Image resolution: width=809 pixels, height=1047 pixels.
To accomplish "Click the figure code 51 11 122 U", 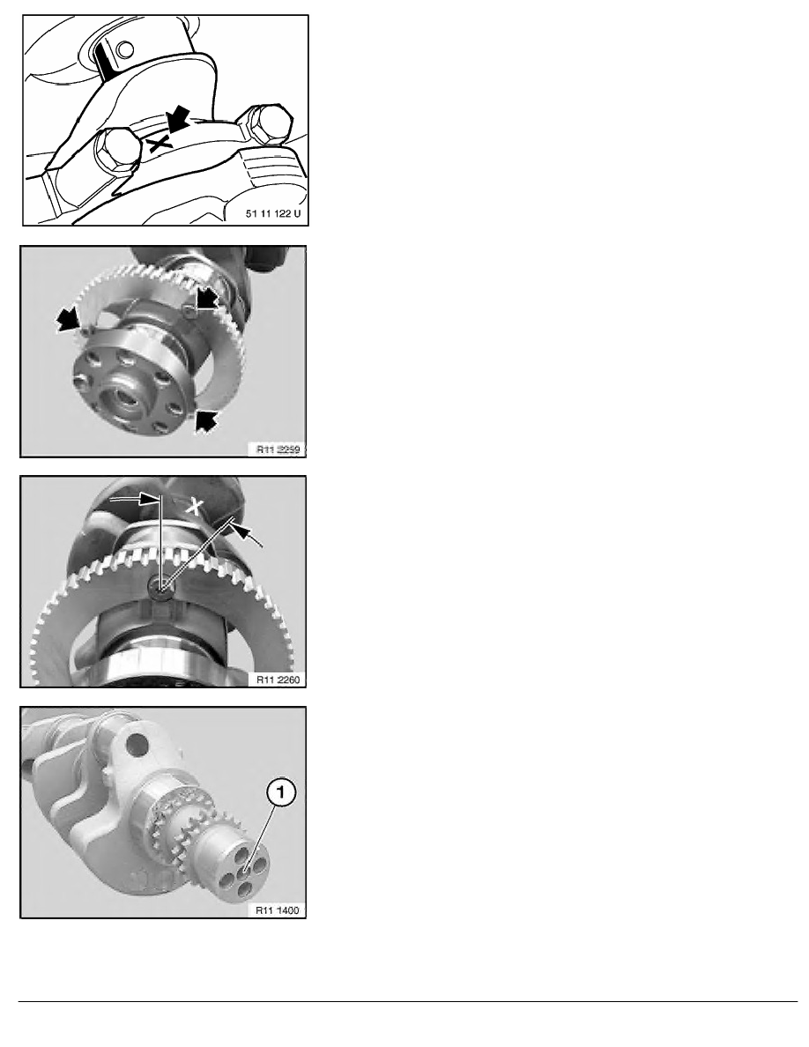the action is [273, 213].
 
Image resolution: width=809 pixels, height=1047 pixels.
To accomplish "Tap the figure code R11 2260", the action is [278, 679].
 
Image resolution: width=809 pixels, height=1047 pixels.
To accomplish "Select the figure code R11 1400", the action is [278, 910].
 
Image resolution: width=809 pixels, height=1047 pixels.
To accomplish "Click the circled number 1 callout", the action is [281, 792].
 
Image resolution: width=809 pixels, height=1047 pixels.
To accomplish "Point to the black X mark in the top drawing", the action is [161, 142].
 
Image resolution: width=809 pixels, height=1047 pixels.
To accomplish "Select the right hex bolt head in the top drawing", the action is [268, 123].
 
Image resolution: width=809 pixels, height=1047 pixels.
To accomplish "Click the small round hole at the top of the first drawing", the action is [124, 48].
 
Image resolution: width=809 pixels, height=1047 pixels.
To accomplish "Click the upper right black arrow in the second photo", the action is [206, 299].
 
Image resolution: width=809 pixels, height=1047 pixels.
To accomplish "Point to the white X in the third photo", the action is [194, 506].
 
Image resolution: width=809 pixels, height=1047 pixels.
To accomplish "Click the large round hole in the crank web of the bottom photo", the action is [137, 741].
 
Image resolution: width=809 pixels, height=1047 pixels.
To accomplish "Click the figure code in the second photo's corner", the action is [278, 449].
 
